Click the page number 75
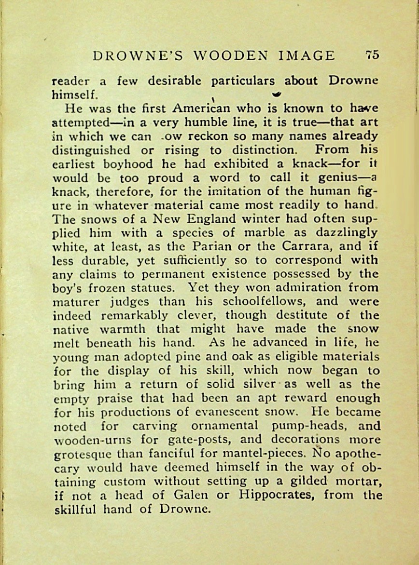pyautogui.click(x=372, y=54)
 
